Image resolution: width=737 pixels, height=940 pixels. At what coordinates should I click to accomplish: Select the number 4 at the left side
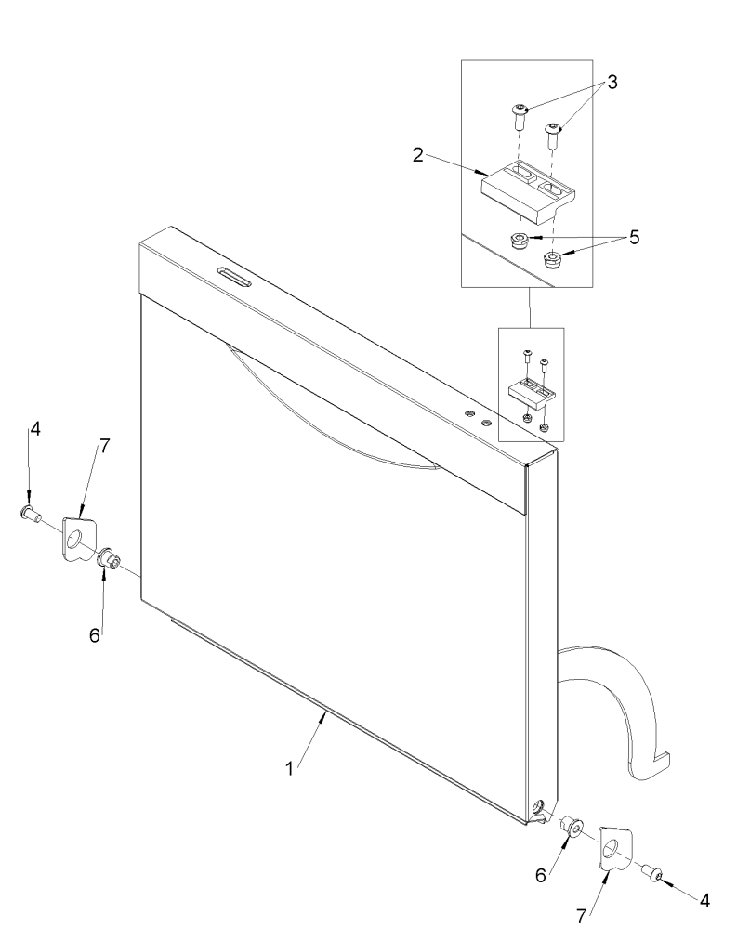pyautogui.click(x=34, y=430)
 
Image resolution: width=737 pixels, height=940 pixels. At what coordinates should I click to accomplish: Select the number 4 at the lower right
pyautogui.click(x=707, y=901)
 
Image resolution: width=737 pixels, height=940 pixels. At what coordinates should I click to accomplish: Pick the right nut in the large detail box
pyautogui.click(x=552, y=257)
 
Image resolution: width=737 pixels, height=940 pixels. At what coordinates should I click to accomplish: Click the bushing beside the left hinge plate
pyautogui.click(x=110, y=559)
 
